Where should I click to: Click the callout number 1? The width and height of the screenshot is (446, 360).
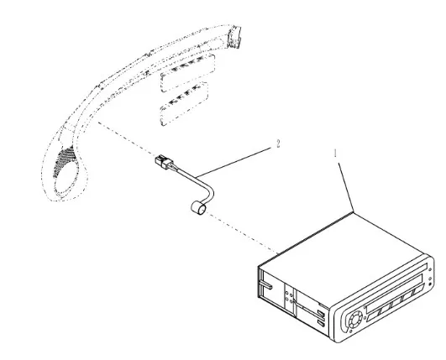pos(335,154)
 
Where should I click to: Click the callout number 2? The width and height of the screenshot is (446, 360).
pos(278,143)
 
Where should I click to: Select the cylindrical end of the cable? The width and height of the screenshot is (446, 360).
pos(198,208)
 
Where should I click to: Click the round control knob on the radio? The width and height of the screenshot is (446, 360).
pos(355,320)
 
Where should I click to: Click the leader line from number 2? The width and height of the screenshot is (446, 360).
pos(233,162)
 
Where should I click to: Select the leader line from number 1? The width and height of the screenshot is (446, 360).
pos(345,187)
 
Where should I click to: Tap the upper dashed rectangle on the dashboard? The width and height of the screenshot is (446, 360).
pos(188,73)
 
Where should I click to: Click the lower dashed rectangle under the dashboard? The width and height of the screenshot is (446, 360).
pos(184,104)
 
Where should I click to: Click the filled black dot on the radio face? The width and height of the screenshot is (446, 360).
pos(430,284)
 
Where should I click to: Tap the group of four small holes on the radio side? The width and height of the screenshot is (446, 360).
pos(289,296)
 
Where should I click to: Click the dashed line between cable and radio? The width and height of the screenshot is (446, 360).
pos(242,233)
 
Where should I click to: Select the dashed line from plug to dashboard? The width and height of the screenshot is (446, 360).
pos(127,139)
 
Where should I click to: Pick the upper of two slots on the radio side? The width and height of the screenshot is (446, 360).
pos(321,313)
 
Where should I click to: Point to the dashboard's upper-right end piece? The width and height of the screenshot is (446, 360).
pos(233,36)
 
